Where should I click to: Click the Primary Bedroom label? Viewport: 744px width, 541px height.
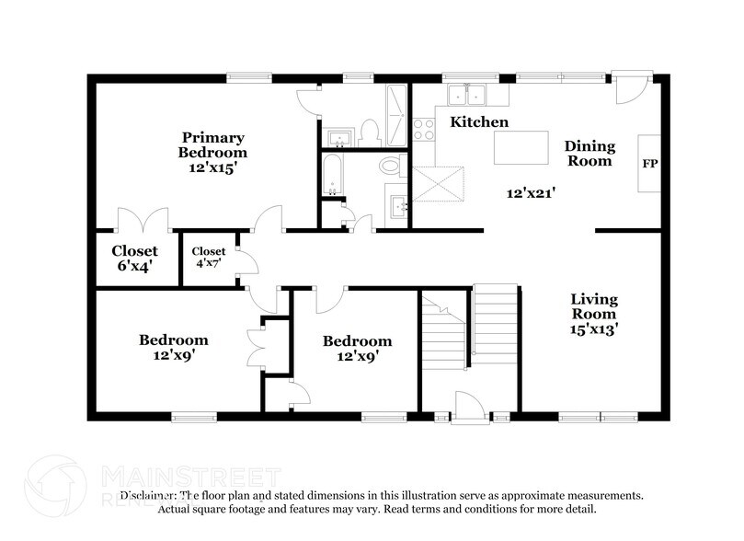tap(213, 152)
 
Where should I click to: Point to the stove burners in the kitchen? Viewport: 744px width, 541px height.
tap(424, 130)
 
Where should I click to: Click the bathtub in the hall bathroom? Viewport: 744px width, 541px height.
tap(332, 175)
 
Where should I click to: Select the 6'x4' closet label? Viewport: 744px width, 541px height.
tap(134, 258)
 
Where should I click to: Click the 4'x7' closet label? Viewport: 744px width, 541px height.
tap(208, 257)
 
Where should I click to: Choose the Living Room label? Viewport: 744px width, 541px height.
tap(593, 314)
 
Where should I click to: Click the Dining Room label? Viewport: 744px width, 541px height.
tap(588, 153)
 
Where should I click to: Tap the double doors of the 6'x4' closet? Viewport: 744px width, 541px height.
tap(143, 221)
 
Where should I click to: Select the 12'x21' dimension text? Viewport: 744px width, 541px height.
tap(532, 193)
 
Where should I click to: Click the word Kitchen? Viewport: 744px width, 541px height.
tap(478, 121)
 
